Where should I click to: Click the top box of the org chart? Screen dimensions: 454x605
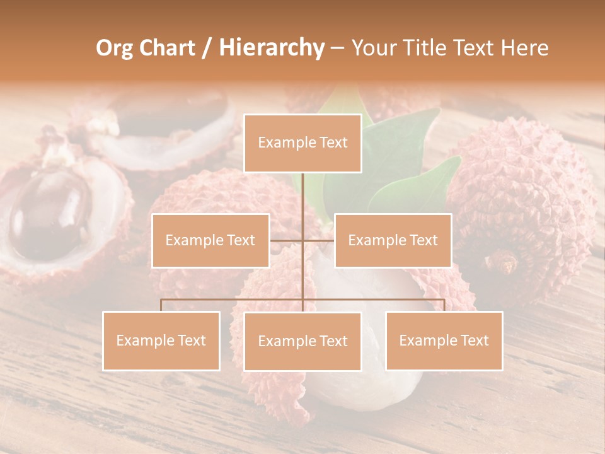click(302, 143)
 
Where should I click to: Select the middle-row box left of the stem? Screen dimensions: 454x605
click(210, 240)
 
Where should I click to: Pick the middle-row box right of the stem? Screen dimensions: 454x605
click(393, 240)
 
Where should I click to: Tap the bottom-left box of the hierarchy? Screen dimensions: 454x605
click(161, 340)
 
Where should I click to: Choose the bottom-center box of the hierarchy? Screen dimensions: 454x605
click(302, 341)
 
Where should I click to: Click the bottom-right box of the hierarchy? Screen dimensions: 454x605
click(444, 340)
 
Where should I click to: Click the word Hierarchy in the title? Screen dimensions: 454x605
click(272, 47)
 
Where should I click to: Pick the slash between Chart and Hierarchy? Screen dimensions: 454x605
click(207, 48)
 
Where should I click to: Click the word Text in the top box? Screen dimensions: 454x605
click(331, 143)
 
